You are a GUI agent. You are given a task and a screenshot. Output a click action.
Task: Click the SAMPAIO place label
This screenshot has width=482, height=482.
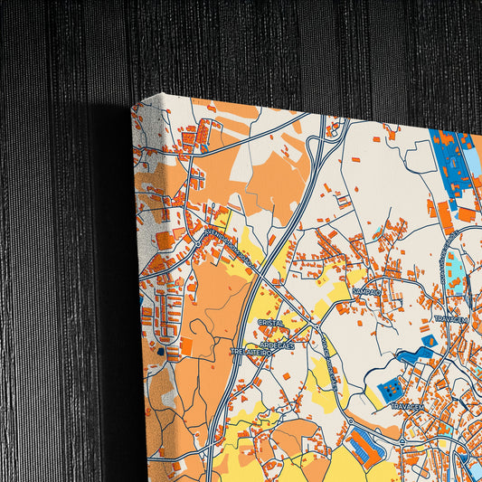(366, 291)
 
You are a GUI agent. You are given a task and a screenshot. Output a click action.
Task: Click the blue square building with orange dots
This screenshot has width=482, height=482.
(392, 390)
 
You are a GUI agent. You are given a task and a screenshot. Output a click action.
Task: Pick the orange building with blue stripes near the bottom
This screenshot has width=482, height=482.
(363, 447)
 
